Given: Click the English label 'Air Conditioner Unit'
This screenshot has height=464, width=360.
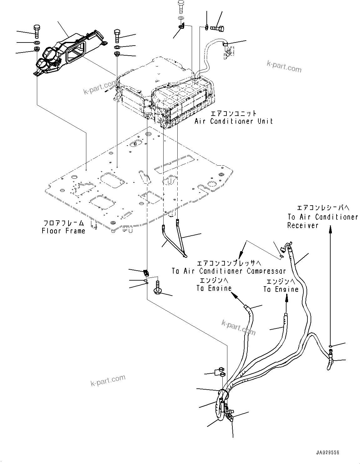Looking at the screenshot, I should click(x=234, y=121).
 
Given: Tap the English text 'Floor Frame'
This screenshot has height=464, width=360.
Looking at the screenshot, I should click(x=63, y=231).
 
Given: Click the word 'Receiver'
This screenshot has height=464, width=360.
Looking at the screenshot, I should click(x=303, y=225).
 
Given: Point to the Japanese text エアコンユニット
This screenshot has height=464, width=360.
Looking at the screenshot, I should click(x=234, y=113).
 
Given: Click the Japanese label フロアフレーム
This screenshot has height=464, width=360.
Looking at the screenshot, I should click(x=63, y=223).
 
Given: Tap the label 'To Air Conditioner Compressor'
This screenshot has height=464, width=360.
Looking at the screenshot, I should click(x=229, y=271).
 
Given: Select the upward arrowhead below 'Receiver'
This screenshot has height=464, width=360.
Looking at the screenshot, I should click(x=330, y=230).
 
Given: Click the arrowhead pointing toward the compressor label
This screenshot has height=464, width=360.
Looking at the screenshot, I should click(x=241, y=254).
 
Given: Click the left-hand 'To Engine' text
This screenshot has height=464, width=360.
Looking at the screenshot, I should click(x=214, y=288).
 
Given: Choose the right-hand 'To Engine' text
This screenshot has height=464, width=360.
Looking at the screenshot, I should click(x=281, y=289).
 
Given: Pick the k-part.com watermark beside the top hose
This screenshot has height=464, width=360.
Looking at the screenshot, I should click(x=284, y=66).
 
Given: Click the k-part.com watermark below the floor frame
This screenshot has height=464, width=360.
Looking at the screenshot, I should click(x=108, y=380).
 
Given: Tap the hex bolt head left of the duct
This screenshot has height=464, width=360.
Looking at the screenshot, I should click(x=36, y=31).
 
